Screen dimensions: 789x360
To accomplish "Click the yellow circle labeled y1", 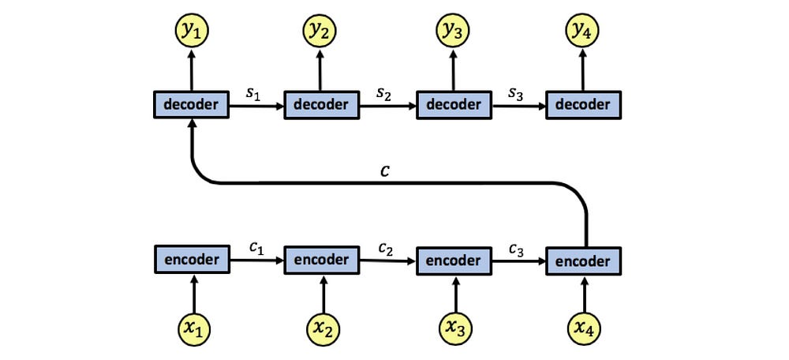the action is (x=191, y=32).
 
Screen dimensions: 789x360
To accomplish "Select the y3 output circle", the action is (x=452, y=32).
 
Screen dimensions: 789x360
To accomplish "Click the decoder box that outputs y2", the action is (x=322, y=105).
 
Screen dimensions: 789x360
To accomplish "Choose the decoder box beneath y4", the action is (x=584, y=105).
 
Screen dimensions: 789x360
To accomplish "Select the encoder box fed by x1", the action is (x=192, y=260).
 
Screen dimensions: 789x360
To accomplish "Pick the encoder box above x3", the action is (x=454, y=261).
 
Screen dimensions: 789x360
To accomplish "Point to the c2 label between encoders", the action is (x=386, y=249).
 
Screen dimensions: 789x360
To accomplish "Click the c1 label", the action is (x=256, y=249).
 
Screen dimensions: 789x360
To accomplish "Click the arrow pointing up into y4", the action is (x=583, y=69).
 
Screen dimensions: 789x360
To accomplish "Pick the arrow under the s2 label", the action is (x=388, y=107).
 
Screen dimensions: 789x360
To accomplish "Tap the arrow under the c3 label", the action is (x=519, y=261).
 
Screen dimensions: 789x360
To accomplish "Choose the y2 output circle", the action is (x=320, y=32).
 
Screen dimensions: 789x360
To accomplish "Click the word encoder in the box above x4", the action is (x=584, y=261).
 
